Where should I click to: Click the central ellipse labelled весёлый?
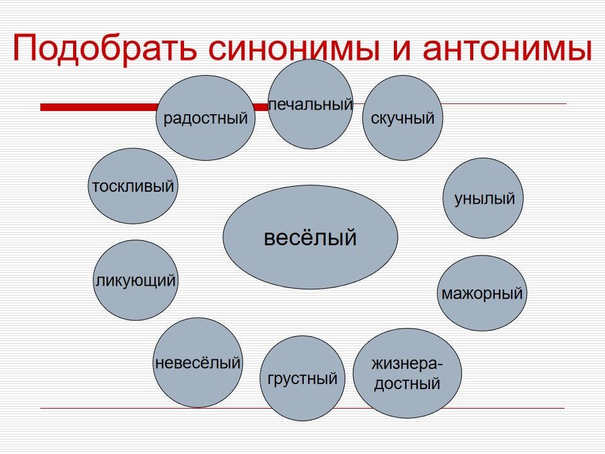pos(310,237)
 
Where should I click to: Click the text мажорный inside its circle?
pos(482,293)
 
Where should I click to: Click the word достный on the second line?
pos(406,383)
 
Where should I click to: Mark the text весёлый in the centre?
pos(310,238)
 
